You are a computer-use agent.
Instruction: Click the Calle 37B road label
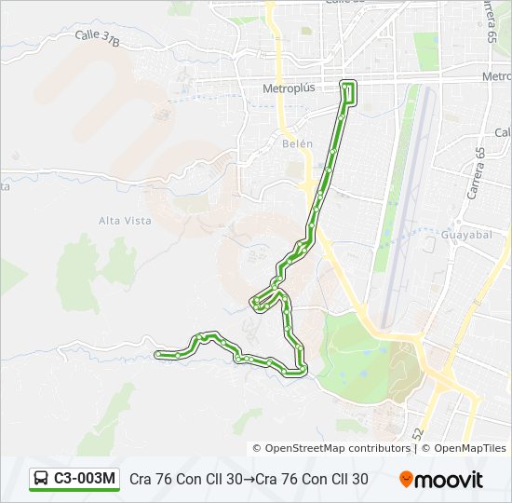[98, 37]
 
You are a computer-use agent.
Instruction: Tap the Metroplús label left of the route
[289, 88]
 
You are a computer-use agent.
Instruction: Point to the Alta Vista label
[125, 220]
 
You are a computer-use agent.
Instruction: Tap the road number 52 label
[418, 433]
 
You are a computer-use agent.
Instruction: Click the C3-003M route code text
[85, 479]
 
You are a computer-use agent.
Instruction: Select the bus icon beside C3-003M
[42, 479]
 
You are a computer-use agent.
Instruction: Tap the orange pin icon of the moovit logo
[407, 480]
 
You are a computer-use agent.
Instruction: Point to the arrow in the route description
[249, 480]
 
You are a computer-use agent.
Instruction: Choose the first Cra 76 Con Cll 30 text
[186, 480]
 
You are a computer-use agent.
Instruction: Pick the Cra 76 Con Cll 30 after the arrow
[312, 480]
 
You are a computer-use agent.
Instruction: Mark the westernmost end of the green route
[158, 354]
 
